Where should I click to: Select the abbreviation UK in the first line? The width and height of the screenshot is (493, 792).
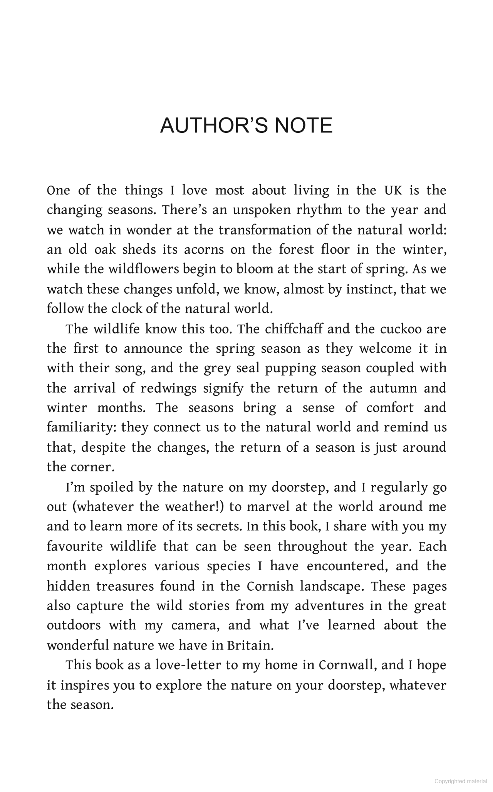[x=393, y=190]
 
